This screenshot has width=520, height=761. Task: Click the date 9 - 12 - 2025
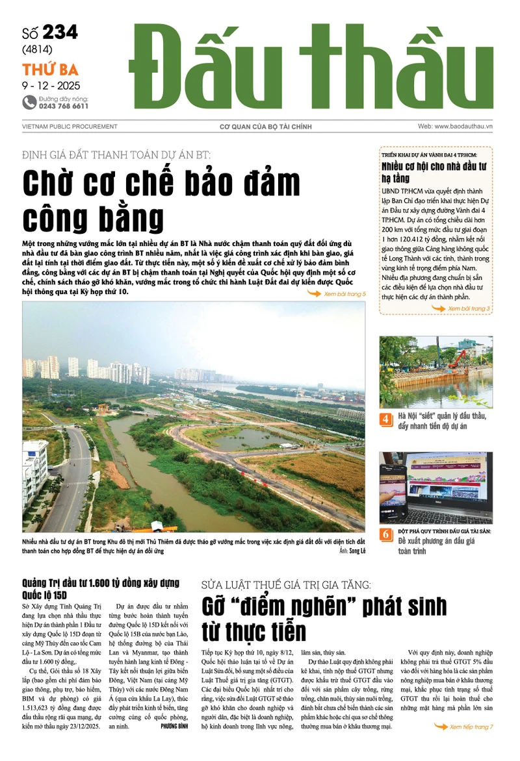pyautogui.click(x=47, y=85)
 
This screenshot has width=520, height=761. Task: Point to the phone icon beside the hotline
pyautogui.click(x=29, y=102)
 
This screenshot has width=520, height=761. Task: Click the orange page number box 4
pyautogui.click(x=386, y=419)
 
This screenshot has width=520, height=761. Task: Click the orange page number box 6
pyautogui.click(x=386, y=534)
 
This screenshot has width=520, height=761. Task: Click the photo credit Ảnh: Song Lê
pyautogui.click(x=352, y=551)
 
